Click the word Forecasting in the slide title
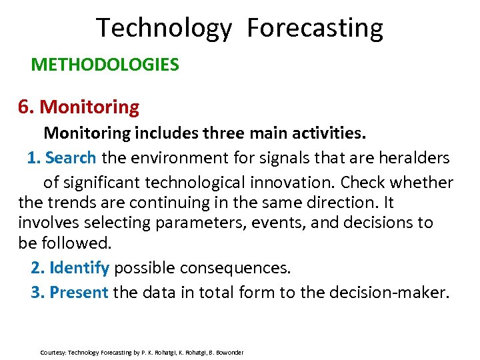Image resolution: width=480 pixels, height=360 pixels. coord(315,29)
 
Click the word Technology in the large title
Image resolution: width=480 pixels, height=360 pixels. coord(164,29)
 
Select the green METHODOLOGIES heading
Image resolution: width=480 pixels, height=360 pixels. coord(105,65)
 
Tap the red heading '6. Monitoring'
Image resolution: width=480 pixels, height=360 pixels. coord(79,107)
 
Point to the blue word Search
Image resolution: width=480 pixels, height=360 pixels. coord(71,158)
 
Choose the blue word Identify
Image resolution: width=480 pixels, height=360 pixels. coord(79,268)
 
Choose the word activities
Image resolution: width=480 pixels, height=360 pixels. coord(329,133)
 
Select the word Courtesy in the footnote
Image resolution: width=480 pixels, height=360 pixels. coord(53,352)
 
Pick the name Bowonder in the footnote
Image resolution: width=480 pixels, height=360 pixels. coord(229,352)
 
